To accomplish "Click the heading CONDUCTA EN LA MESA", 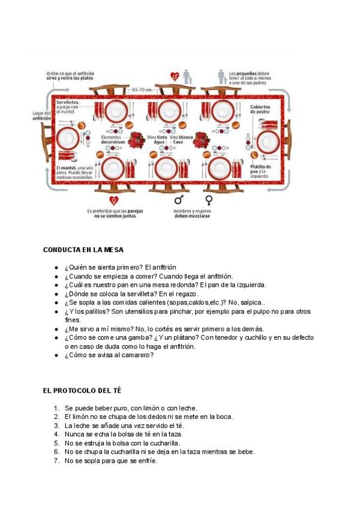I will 83,249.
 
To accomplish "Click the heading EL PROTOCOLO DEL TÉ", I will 82,390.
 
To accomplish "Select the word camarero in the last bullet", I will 138,355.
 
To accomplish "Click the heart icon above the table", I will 175,76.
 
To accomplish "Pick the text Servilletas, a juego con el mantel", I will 71,107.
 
